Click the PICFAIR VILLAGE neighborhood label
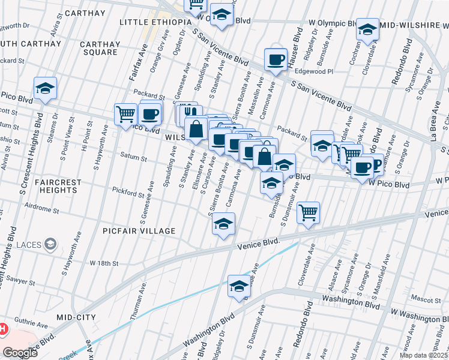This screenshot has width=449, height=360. click(x=139, y=231)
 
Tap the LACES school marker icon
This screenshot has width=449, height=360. click(x=52, y=244)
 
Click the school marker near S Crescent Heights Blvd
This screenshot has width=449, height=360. click(x=45, y=88)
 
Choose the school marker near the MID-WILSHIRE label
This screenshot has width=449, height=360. click(x=367, y=29)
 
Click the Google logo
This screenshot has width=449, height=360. click(x=21, y=353)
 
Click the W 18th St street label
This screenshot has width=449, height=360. click(x=104, y=263)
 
